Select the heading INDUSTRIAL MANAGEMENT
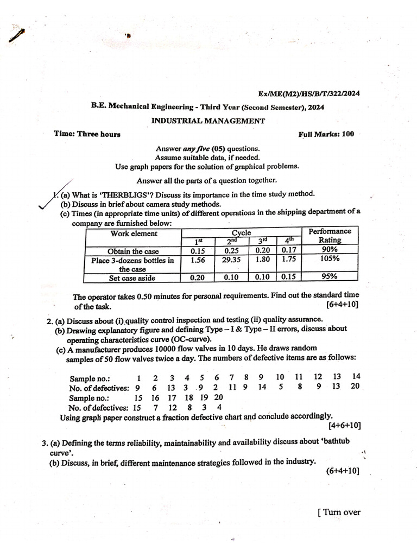coord(208,121)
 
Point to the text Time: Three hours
coord(87,134)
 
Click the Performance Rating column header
coord(330,236)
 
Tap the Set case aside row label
coord(132,278)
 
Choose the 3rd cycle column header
coord(263,240)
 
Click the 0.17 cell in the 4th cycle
coord(289,250)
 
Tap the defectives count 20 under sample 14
coord(355,386)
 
